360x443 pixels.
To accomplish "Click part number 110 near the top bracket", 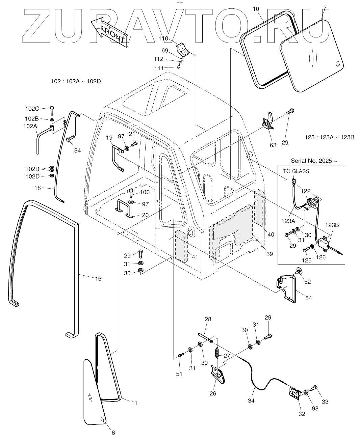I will pos(163,39).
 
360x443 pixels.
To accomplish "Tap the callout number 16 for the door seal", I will pos(98,279).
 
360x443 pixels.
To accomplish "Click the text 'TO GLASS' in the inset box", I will pos(296,171).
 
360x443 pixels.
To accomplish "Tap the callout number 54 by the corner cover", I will pos(308,298).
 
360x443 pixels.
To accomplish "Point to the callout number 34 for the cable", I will pos(251,401).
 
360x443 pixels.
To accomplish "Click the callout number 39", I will pos(269,254).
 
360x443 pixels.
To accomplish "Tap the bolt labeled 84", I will pos(71,139).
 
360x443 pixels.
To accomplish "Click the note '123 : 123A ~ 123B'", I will pos(329,137).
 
